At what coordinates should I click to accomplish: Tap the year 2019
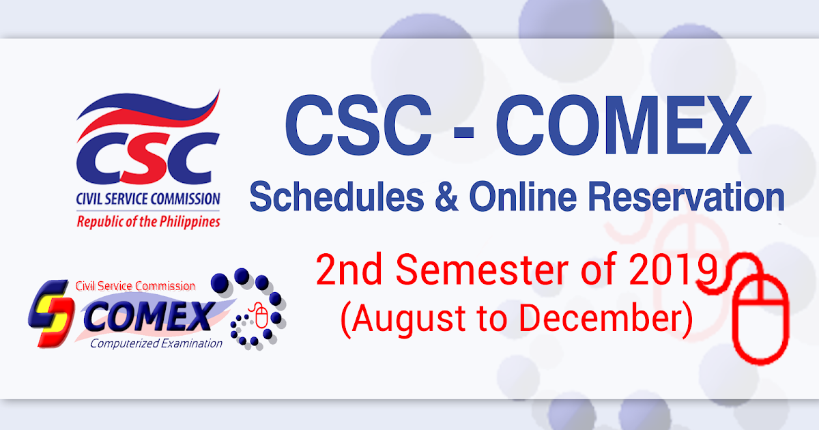tap(672, 272)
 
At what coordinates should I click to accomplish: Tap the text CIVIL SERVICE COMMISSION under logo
tap(148, 200)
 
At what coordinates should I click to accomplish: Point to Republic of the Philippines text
tap(148, 222)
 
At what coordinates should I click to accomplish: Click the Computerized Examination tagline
tap(156, 343)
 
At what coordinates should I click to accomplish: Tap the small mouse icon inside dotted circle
tap(260, 315)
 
